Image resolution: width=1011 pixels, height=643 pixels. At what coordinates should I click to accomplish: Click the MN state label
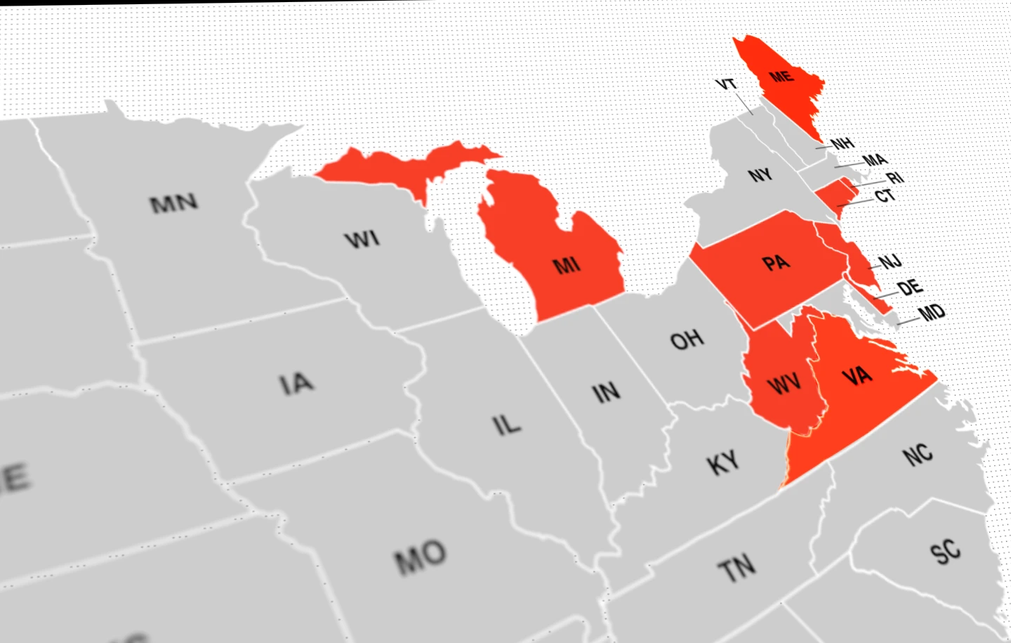pos(174,203)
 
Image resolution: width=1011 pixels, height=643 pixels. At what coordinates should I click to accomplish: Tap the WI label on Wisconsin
pos(362,240)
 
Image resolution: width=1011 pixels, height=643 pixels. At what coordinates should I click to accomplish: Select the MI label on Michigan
pos(567,265)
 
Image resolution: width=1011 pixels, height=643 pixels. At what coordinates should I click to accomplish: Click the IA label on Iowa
pos(296,384)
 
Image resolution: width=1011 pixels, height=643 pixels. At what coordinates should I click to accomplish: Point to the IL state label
pos(506,424)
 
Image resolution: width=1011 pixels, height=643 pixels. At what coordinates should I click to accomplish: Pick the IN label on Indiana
pos(606,392)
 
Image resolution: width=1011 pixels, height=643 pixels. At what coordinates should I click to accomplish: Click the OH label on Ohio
pos(687,340)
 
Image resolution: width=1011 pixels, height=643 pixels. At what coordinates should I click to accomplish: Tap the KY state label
pos(723,463)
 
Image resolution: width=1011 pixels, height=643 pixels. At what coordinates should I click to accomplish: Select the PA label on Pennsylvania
pos(776,263)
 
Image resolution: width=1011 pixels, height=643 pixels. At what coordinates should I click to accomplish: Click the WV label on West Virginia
pos(784,384)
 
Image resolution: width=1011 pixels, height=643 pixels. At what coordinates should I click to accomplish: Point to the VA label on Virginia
pos(857,376)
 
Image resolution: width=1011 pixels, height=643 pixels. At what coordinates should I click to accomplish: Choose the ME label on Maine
pos(781,76)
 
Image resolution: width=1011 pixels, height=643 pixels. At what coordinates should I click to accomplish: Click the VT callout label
pos(726,84)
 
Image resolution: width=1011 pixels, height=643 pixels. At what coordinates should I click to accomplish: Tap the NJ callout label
pos(890,262)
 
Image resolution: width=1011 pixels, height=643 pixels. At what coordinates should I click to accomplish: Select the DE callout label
pos(910,287)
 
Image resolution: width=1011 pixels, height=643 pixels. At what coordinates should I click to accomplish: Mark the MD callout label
pos(932,312)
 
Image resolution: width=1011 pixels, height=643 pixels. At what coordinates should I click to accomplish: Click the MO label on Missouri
pos(420,558)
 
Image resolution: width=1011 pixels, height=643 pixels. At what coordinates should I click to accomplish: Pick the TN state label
pos(736,568)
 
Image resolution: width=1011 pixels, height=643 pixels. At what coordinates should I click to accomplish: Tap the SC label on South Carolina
pos(945,551)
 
